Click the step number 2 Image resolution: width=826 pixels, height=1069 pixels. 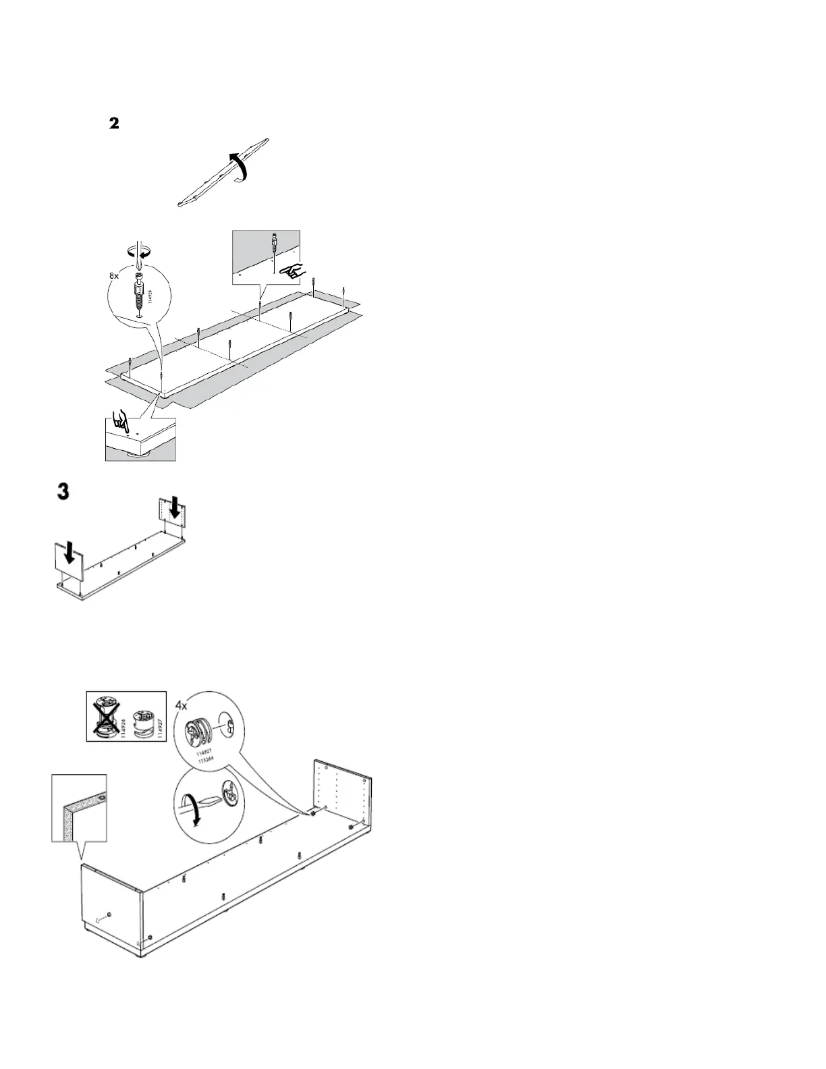tap(114, 124)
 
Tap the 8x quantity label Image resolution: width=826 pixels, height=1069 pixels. tap(114, 277)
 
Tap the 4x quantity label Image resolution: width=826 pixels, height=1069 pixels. tap(182, 705)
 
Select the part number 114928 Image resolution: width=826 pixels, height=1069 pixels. tap(149, 298)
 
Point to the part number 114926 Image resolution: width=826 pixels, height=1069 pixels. tap(123, 725)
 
